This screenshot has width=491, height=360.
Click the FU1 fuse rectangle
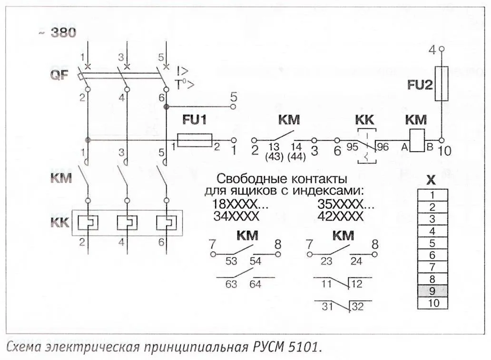[195, 140]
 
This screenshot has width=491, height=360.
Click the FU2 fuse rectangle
[442, 83]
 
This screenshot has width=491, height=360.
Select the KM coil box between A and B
[417, 140]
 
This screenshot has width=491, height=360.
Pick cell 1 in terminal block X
[432, 195]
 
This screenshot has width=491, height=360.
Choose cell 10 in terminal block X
[432, 302]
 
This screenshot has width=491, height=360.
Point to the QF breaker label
[58, 75]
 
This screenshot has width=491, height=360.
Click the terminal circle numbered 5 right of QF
[233, 107]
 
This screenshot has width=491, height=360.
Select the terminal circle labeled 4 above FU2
[442, 49]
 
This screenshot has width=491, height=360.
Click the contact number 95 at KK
[352, 147]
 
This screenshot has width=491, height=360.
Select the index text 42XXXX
[340, 216]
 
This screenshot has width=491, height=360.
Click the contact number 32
[357, 307]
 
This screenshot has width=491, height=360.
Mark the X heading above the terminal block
[431, 180]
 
